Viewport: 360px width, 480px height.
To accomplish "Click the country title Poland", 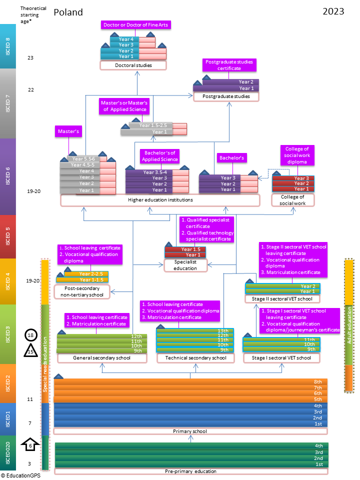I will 68,12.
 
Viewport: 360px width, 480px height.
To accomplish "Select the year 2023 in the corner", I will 333,11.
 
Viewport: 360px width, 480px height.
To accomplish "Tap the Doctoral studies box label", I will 133,65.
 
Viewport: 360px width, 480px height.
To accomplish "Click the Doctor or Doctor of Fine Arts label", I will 135,24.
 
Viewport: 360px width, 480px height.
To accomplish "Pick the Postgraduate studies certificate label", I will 229,65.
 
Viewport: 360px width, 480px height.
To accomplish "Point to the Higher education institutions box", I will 160,200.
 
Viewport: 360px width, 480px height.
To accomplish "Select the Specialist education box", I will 185,265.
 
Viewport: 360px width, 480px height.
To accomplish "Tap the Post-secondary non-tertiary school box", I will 82,291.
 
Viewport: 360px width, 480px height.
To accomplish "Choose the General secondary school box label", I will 101,358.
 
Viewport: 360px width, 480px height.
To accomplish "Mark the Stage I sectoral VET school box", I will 281,358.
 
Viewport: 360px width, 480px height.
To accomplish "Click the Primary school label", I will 190,431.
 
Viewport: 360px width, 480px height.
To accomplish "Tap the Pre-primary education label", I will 190,471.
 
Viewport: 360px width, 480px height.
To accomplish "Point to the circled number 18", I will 30,335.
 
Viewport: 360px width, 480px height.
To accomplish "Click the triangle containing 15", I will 30,352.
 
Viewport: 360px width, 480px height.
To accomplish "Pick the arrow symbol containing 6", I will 30,444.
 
